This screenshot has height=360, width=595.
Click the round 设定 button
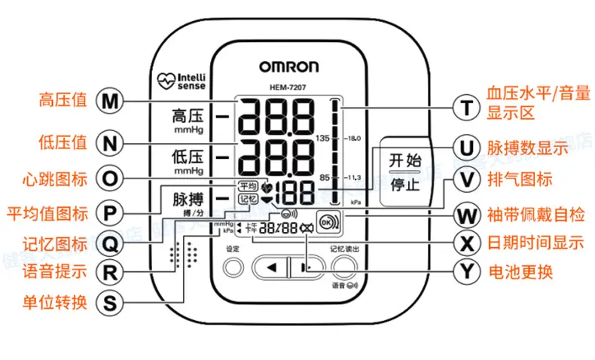235,267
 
